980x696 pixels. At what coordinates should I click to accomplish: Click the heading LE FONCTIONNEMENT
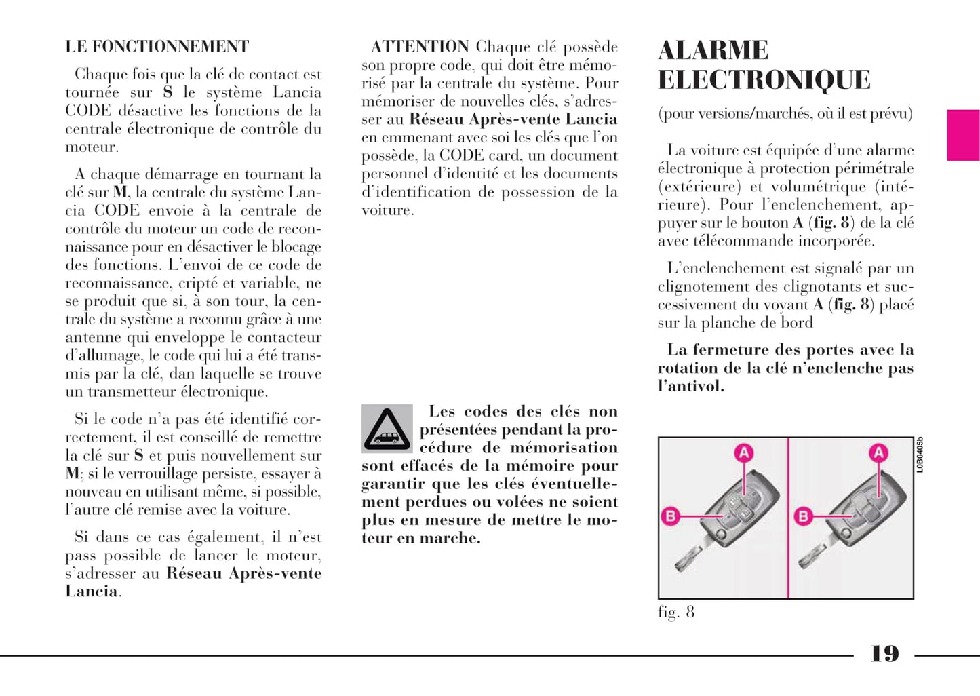click(x=157, y=47)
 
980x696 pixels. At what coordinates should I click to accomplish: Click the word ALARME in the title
click(x=713, y=50)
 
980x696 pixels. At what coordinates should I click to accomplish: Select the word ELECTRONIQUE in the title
click(x=764, y=80)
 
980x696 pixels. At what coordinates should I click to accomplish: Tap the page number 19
click(x=884, y=654)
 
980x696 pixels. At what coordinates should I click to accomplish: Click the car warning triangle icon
click(x=387, y=428)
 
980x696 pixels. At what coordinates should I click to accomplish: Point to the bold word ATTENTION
click(x=420, y=47)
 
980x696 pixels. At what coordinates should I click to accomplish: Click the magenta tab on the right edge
click(x=963, y=135)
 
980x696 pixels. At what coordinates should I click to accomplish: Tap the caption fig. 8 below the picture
click(x=676, y=612)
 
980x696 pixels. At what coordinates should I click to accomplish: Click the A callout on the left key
click(x=744, y=453)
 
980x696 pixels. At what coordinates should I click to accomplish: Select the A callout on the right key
click(x=879, y=453)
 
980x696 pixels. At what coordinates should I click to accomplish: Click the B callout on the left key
click(x=670, y=516)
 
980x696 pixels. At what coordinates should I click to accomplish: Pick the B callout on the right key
click(x=804, y=516)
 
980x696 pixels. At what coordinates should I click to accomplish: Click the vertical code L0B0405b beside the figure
click(x=920, y=455)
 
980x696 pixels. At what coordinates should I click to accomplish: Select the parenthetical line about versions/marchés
click(x=785, y=113)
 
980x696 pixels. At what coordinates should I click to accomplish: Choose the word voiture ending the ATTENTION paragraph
click(x=387, y=210)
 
